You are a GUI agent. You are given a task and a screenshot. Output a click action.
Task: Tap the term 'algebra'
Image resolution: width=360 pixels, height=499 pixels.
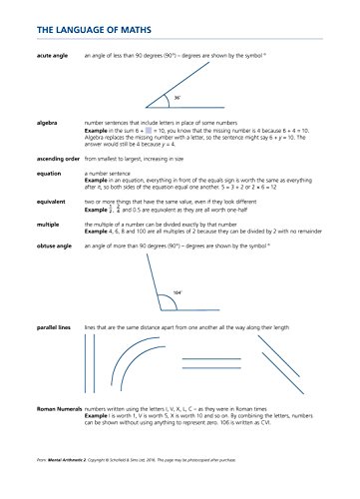46,122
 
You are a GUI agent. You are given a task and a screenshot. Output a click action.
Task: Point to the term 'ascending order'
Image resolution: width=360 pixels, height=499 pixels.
57,159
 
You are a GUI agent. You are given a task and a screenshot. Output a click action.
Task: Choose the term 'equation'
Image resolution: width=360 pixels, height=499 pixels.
48,173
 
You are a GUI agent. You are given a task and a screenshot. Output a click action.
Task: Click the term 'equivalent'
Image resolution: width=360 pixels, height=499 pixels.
50,201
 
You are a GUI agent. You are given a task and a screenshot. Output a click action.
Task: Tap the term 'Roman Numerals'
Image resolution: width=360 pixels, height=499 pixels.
59,437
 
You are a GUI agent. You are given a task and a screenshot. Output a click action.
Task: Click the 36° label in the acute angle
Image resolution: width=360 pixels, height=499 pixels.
177,98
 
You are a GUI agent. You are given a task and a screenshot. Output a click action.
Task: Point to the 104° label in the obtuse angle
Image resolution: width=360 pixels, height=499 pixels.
176,292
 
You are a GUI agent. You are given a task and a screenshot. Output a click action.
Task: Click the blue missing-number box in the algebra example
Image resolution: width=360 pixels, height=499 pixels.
147,130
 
